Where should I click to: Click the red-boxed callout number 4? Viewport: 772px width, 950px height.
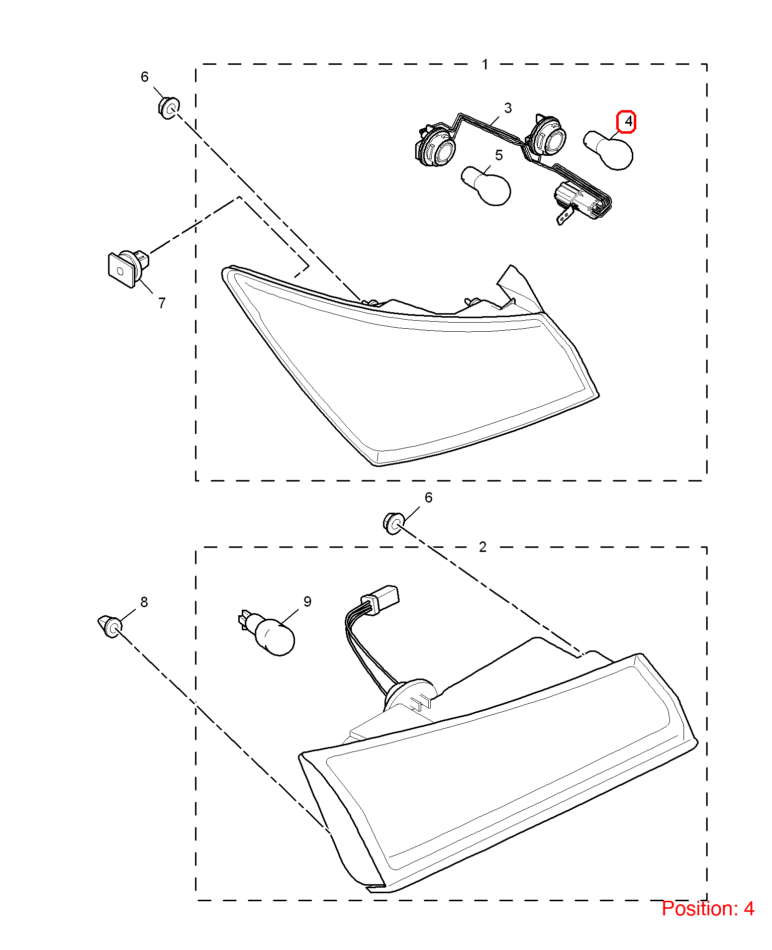pos(626,122)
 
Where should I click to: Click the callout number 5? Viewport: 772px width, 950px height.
pos(499,155)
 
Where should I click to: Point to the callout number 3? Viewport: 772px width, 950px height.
pos(508,108)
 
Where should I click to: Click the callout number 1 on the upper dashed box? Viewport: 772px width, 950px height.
pos(485,64)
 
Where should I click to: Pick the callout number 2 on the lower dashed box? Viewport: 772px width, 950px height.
pos(482,547)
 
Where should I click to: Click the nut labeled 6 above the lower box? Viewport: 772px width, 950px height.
pos(394,523)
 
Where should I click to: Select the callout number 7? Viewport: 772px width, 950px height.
pos(161,303)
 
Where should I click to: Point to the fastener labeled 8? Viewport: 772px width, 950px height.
pos(110,626)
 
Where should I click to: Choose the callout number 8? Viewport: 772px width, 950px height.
pos(144,602)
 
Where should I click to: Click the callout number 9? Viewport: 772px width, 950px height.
pos(307,602)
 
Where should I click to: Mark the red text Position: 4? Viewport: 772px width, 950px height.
pos(708,909)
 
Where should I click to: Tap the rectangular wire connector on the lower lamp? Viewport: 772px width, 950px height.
pos(380,599)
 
